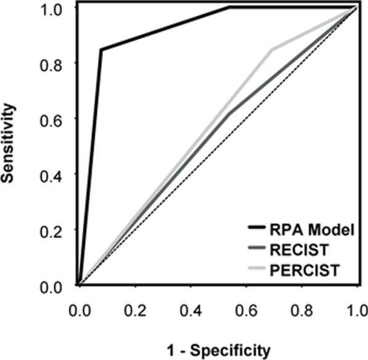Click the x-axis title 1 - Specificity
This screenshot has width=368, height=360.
220,351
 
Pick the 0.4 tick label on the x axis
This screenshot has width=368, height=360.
190,308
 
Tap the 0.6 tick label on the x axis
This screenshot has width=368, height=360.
245,308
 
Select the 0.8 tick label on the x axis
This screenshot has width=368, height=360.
301,308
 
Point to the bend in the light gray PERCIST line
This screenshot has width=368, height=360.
271,49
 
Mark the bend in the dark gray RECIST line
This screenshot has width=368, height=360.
229,113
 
